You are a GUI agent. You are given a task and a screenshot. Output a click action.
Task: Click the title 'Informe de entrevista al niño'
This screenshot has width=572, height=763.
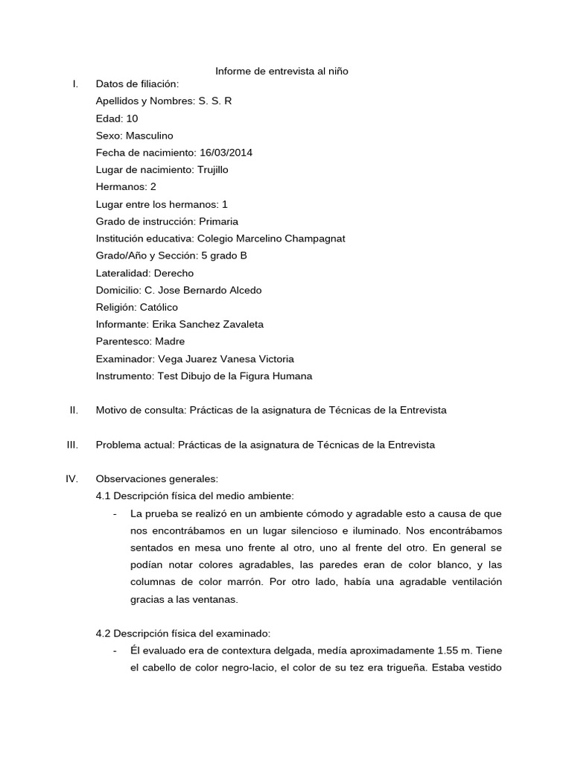(282, 71)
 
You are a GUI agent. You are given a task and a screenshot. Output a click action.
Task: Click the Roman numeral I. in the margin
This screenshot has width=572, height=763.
(75, 84)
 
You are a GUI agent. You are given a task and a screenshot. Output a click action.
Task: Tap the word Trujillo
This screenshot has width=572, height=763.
(212, 170)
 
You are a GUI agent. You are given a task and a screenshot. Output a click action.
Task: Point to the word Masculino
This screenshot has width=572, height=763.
(149, 136)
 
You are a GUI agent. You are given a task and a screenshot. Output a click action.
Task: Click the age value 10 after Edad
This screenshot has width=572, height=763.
(132, 118)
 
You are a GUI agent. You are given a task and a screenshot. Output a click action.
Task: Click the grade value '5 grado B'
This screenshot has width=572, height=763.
(224, 256)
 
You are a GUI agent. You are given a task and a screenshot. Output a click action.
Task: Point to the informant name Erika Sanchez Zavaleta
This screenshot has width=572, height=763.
(207, 324)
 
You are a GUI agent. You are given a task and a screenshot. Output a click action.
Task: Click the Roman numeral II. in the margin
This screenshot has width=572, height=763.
(74, 410)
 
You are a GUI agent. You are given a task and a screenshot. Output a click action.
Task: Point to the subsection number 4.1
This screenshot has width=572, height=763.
(104, 496)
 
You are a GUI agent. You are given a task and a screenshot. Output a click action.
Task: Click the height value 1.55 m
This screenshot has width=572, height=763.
(448, 650)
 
